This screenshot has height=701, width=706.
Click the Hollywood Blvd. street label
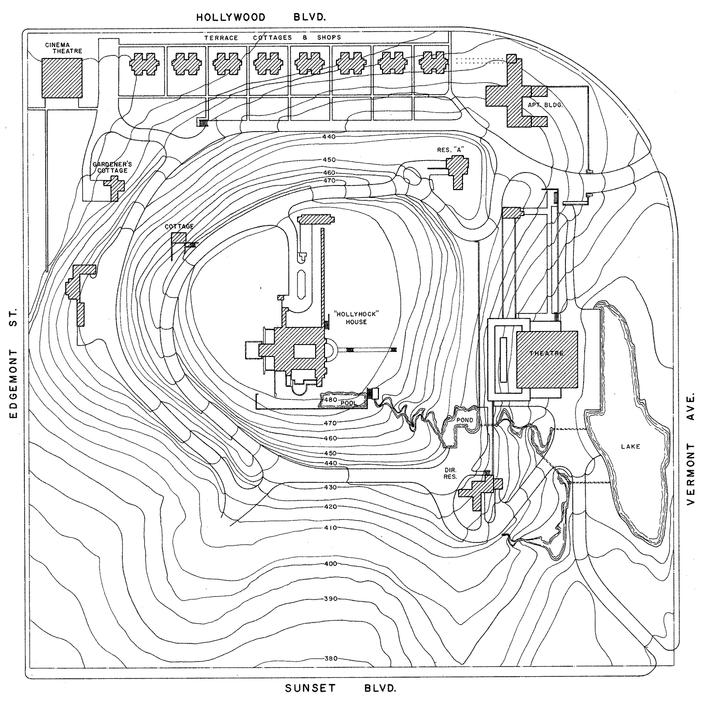pos(261,17)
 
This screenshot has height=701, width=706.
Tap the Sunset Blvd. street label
pos(341,688)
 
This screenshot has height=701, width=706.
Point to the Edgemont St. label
pos(13,364)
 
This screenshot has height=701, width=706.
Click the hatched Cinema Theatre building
pos(62,78)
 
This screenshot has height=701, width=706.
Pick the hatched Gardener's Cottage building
pos(115,188)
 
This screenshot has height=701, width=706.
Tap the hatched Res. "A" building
pos(457,171)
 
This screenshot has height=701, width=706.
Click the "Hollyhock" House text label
pos(356,318)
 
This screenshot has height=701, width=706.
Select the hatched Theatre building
pos(547,359)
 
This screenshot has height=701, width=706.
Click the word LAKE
pos(630,447)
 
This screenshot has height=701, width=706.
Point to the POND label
pos(464,420)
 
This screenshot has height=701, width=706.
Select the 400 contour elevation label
pos(331,564)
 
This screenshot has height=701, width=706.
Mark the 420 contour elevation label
pos(331,507)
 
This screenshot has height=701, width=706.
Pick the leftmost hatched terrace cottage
pos(144,64)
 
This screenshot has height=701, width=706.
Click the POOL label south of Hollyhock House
pos(348,403)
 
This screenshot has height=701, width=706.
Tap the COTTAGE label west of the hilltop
pos(179,226)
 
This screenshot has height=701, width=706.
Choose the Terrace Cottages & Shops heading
pos(273,38)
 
